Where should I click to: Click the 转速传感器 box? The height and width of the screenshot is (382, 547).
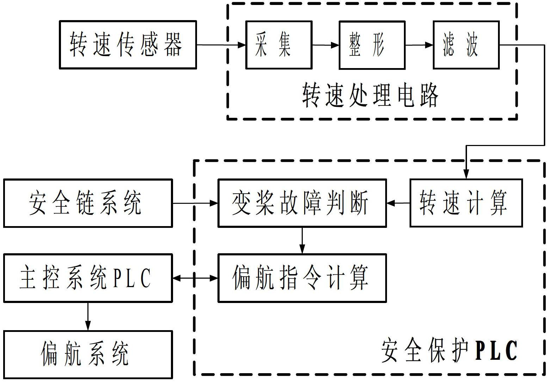(128, 45)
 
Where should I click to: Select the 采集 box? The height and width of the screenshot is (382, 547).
(279, 45)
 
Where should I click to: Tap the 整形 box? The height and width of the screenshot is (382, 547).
(372, 45)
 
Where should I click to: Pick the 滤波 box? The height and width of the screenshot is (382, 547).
(466, 45)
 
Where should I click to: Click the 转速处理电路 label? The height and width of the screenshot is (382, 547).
(370, 96)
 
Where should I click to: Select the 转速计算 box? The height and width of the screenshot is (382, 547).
(466, 203)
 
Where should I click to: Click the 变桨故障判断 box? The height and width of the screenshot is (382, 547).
(302, 203)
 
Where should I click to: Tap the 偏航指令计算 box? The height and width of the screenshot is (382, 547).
(302, 278)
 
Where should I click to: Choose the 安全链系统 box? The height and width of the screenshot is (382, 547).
(88, 203)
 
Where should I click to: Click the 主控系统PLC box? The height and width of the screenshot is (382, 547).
(88, 278)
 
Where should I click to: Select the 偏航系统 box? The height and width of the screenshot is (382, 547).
(88, 354)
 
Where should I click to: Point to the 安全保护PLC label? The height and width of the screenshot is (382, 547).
(449, 351)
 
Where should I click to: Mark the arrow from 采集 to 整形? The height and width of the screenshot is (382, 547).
(325, 45)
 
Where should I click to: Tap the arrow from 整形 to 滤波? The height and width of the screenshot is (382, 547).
(419, 45)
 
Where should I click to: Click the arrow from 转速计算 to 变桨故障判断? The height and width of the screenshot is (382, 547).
(398, 203)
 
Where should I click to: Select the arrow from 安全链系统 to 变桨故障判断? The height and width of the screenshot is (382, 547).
(195, 203)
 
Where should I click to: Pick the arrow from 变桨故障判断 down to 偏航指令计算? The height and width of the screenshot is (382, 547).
(302, 240)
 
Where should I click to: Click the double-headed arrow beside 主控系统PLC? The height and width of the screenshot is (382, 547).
(195, 278)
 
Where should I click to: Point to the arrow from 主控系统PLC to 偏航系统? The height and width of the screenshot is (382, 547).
(88, 316)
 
